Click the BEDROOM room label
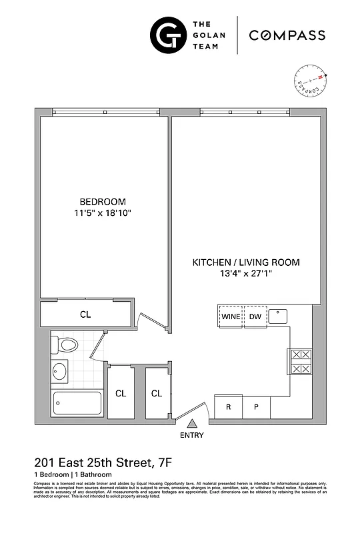[103, 202]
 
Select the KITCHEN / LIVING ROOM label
[246, 263]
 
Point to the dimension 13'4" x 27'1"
[246, 274]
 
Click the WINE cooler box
[231, 316]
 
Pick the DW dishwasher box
[255, 316]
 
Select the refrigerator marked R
[228, 406]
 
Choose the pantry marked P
[256, 406]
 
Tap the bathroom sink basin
[60, 370]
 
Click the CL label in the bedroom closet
[85, 314]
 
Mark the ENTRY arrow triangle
[192, 422]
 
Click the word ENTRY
[192, 436]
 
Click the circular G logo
[167, 35]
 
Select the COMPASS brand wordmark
[287, 35]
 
